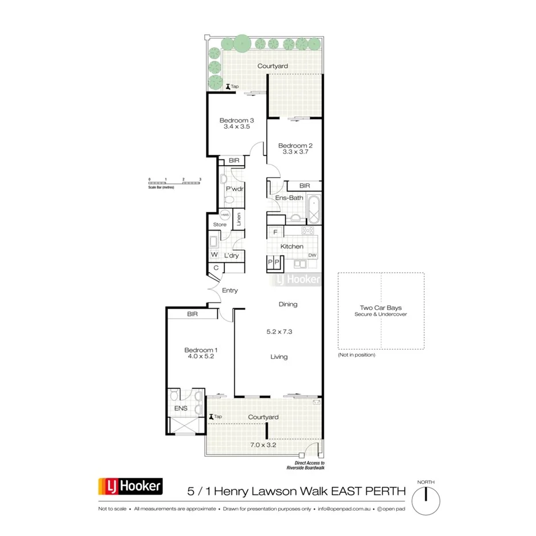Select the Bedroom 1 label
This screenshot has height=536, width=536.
tap(200, 350)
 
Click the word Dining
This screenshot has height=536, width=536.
tap(288, 304)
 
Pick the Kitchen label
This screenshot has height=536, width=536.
tap(292, 246)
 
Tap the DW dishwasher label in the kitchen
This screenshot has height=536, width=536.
tap(312, 255)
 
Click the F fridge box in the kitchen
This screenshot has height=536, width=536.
tap(275, 232)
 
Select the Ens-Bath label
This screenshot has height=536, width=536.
tap(289, 198)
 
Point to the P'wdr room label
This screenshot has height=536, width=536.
tap(232, 189)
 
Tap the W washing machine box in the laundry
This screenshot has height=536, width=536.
tap(214, 255)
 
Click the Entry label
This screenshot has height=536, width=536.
tap(230, 290)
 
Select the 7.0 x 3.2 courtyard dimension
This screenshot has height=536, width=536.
tap(263, 445)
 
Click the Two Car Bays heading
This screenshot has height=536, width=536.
tap(381, 308)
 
